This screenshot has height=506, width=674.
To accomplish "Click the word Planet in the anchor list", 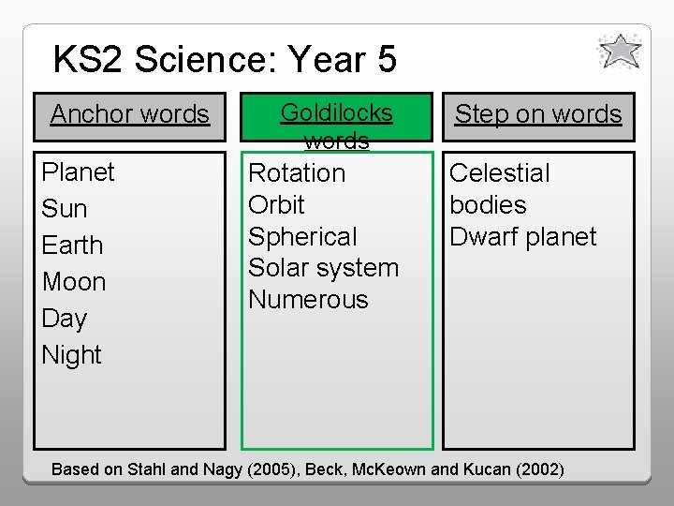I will coord(78,172).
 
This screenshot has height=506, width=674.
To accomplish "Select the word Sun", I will coord(64,209).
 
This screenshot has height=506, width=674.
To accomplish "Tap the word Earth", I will coord(72,246).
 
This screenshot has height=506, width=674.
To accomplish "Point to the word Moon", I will coord(74,282).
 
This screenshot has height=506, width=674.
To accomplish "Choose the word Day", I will coord(64,319).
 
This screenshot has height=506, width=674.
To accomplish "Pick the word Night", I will coord(71,355).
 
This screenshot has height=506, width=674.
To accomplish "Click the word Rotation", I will coord(297,173).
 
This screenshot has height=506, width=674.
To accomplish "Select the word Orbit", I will coord(276,205).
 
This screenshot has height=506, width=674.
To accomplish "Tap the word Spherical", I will coord(302,237).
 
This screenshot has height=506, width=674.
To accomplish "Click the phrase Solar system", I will coord(323,268).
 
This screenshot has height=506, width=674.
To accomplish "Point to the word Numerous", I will coord(308,300).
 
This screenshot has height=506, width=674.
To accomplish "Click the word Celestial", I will coord(500,173).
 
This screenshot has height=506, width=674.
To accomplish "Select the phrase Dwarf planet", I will coord(522,237).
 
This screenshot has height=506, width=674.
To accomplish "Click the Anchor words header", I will coord(129,114).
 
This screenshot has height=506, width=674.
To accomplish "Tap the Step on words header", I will coord(538,114).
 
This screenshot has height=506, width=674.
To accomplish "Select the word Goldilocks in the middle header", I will coord(337,113).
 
